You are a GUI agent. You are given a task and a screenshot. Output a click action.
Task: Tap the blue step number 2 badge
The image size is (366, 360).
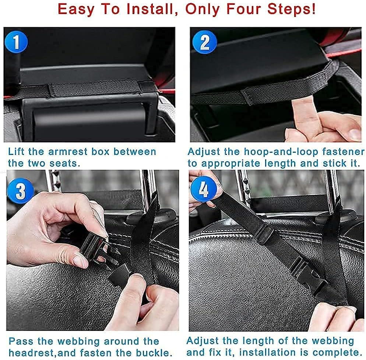click(203, 43)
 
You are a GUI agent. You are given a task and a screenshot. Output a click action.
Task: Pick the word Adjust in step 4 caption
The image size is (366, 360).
click(204, 340)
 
